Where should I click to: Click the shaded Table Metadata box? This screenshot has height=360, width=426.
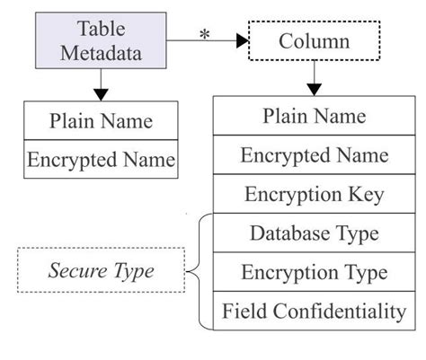(102, 41)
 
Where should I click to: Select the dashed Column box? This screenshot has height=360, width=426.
(314, 41)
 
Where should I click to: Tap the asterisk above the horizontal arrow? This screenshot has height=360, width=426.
(204, 32)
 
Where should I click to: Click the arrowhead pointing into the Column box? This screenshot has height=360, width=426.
(242, 41)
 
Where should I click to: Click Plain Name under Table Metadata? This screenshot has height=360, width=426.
(101, 121)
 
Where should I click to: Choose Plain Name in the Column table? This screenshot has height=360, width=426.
(314, 116)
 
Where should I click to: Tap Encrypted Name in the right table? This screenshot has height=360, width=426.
(314, 154)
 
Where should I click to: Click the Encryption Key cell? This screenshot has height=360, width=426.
(314, 194)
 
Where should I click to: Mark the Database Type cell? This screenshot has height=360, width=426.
(314, 233)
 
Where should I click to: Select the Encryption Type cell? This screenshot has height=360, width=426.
(314, 273)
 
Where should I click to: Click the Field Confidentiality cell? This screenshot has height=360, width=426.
(314, 312)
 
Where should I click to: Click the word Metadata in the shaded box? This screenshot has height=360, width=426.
(102, 52)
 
